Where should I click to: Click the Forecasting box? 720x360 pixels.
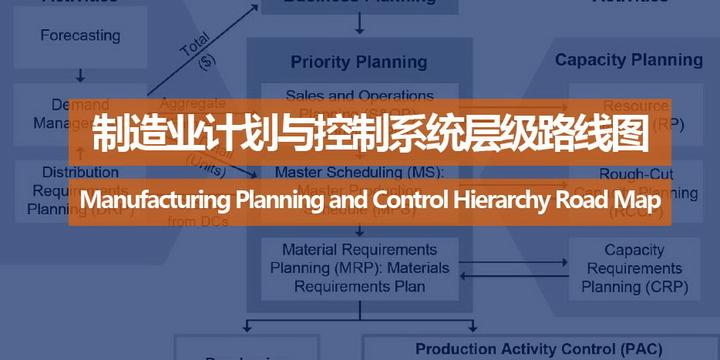80,37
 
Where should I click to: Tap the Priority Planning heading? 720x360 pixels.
359,62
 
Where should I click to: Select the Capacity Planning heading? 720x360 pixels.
629,60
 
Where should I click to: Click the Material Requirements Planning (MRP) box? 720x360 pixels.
359,267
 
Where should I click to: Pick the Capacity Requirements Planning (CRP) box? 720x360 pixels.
635,268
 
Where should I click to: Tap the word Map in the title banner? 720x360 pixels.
642,201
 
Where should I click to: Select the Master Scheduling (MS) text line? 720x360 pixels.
359,171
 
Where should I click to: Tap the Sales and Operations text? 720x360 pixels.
359,96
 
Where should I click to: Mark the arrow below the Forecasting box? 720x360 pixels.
80,74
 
